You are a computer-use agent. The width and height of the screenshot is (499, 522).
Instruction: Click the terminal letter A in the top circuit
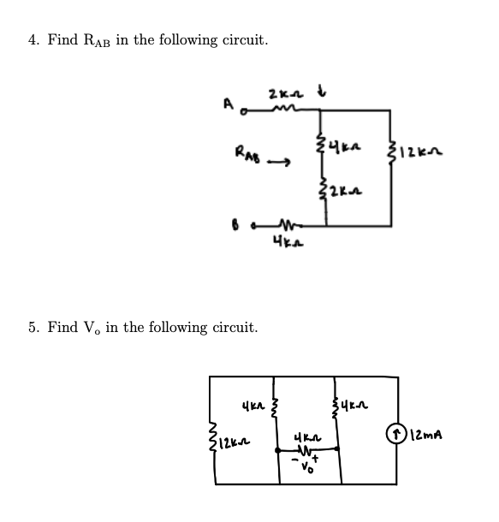(x=205, y=104)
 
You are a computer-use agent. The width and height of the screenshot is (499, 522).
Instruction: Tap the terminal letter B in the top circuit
(x=208, y=227)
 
